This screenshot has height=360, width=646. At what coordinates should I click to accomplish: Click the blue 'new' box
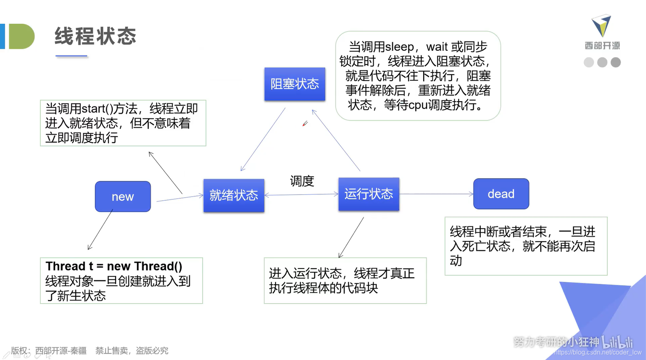coord(123,196)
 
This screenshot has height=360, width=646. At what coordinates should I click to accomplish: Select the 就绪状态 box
coord(234,196)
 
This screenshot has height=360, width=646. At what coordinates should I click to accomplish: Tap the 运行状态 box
coord(369,194)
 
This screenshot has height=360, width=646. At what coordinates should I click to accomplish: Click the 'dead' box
coord(501,194)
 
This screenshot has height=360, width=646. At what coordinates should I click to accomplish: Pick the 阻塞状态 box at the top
coord(295,84)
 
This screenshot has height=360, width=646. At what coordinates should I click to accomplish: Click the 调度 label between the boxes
coord(302,181)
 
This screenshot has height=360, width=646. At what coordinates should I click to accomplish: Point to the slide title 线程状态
coord(96,36)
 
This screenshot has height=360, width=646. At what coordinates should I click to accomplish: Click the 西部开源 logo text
coord(602,46)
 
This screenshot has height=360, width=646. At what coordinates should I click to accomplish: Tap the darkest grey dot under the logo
coord(615,62)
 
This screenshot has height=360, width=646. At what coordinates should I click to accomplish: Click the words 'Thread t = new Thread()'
coord(114,266)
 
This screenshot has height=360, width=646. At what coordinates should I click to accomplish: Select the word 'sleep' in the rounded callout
coord(399,47)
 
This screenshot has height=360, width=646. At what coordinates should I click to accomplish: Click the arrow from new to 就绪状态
coord(179,198)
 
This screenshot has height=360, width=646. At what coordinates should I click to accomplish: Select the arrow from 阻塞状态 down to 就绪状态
coord(263,139)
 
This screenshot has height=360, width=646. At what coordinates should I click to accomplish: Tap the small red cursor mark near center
coord(305,123)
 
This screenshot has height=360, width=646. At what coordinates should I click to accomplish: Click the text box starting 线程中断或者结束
coord(526,246)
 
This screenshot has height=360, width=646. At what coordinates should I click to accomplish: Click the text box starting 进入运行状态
coord(345,281)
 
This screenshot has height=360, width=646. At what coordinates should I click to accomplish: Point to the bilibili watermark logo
coord(617,342)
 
